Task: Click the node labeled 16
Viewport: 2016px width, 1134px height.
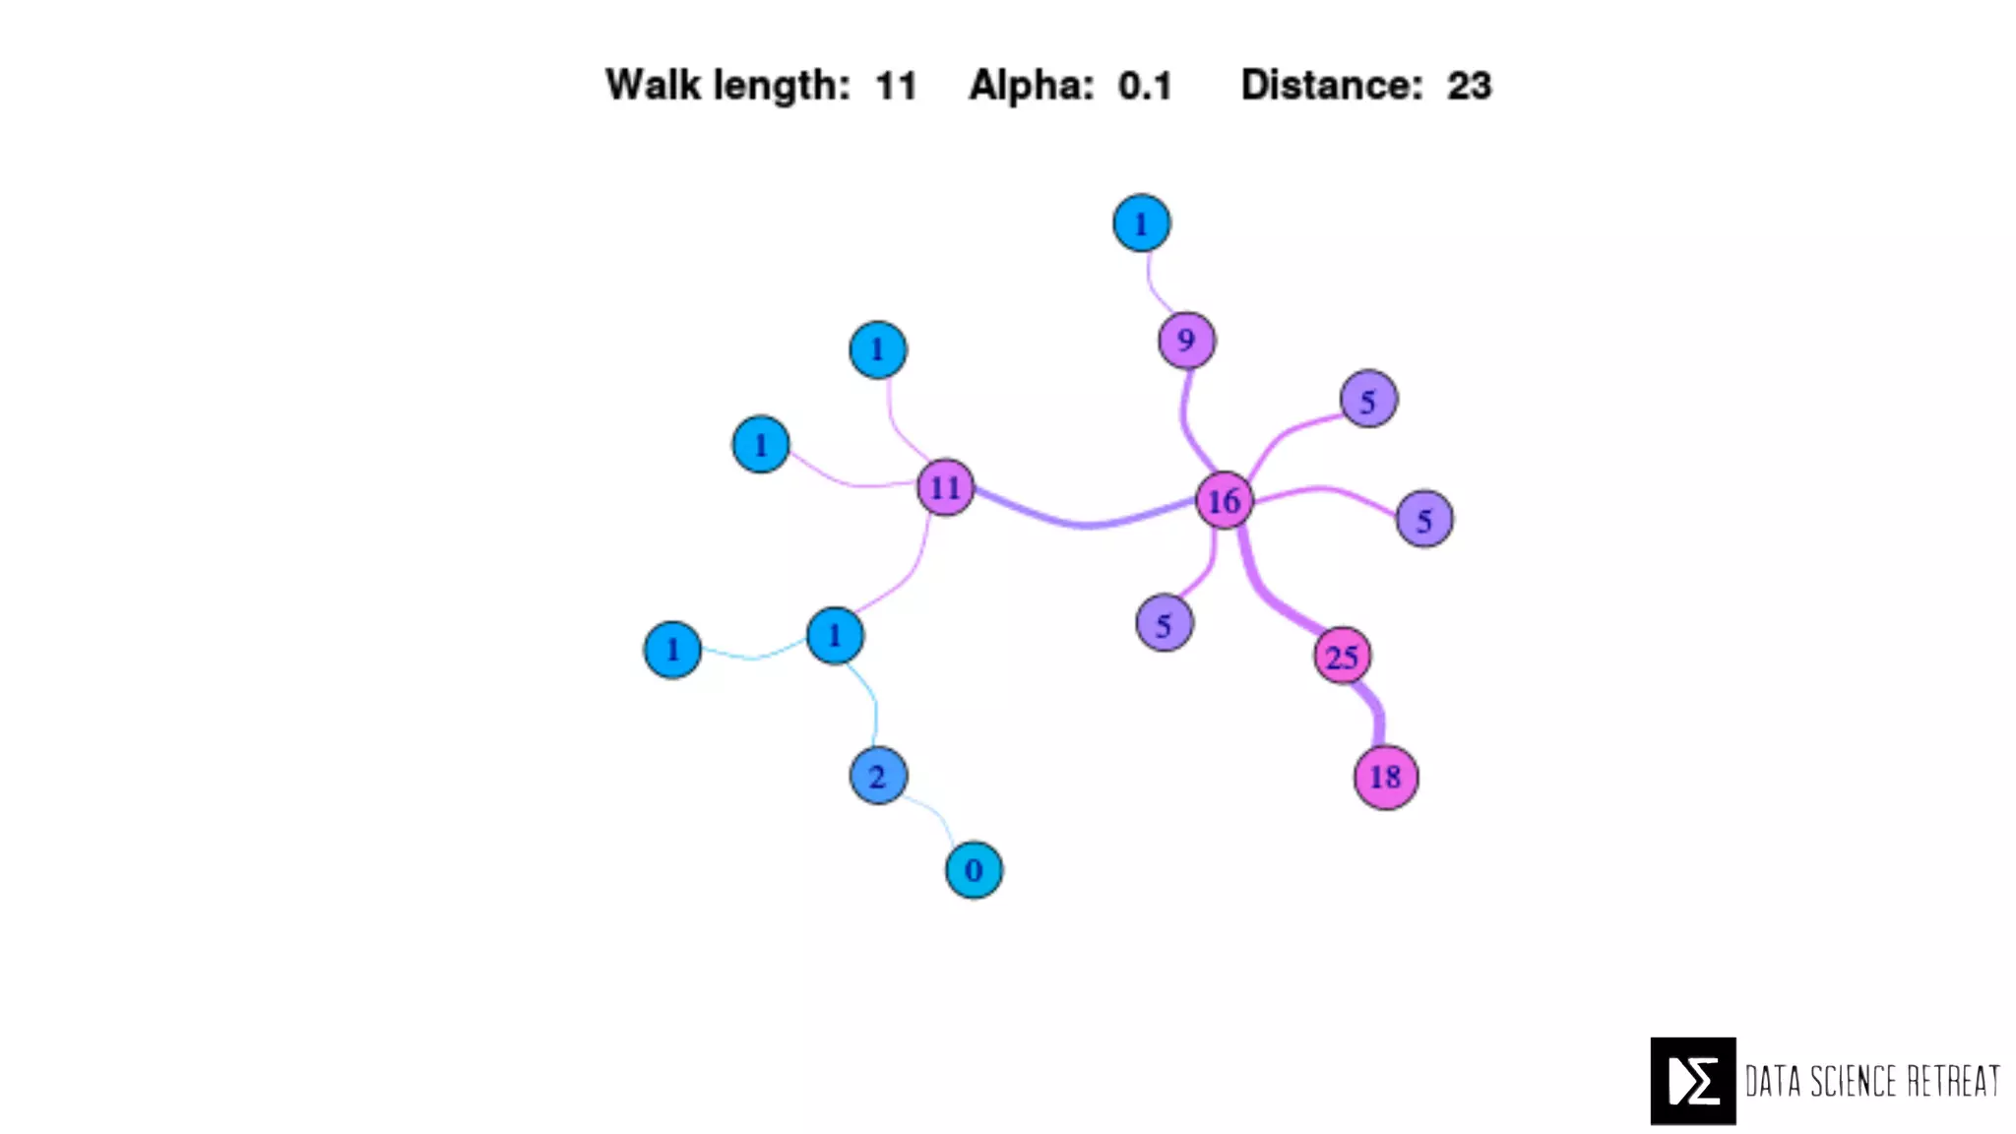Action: click(x=1224, y=500)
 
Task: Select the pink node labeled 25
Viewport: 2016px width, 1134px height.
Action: click(x=1342, y=656)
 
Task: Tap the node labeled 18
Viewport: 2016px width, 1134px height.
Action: click(x=1385, y=778)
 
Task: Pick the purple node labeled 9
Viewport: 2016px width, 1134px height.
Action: click(x=1186, y=341)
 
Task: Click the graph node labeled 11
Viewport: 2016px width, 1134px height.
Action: click(x=945, y=487)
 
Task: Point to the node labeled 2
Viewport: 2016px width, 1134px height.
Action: click(x=877, y=776)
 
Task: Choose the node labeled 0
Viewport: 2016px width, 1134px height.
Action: click(x=974, y=870)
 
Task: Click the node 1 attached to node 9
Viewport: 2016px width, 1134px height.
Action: click(x=1141, y=223)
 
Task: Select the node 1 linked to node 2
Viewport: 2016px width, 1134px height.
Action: click(x=835, y=636)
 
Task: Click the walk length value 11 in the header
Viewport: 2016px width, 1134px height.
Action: click(x=896, y=87)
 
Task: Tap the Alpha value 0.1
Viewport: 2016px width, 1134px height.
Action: click(x=1145, y=87)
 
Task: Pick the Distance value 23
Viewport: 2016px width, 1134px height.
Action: click(x=1469, y=87)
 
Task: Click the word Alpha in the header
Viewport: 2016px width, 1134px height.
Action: click(x=1031, y=87)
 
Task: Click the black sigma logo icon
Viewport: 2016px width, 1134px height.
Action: click(x=1692, y=1080)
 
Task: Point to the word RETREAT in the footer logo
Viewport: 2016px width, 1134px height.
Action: click(x=1953, y=1081)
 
